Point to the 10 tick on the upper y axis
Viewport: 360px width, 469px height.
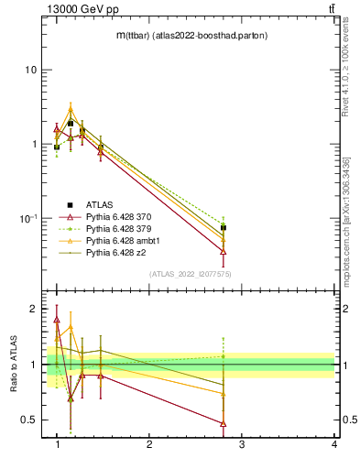[30, 71]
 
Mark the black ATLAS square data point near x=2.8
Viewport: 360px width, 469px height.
[224, 227]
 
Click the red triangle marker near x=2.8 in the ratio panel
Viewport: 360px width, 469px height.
[224, 423]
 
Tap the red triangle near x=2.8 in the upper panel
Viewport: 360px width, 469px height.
[224, 251]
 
